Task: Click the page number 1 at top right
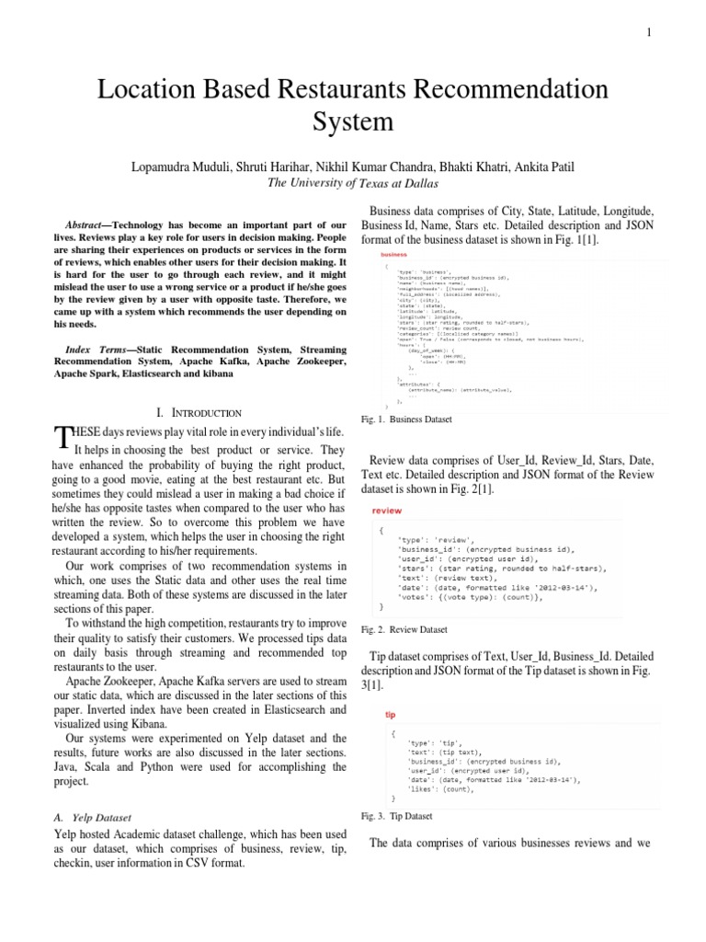click(649, 33)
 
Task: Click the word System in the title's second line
click(353, 121)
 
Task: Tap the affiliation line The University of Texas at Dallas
click(353, 183)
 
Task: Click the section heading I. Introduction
click(200, 413)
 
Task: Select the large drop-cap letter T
click(63, 438)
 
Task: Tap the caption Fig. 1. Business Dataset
click(406, 419)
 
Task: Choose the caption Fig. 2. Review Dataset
click(404, 629)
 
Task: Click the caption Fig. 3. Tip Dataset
click(397, 816)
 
